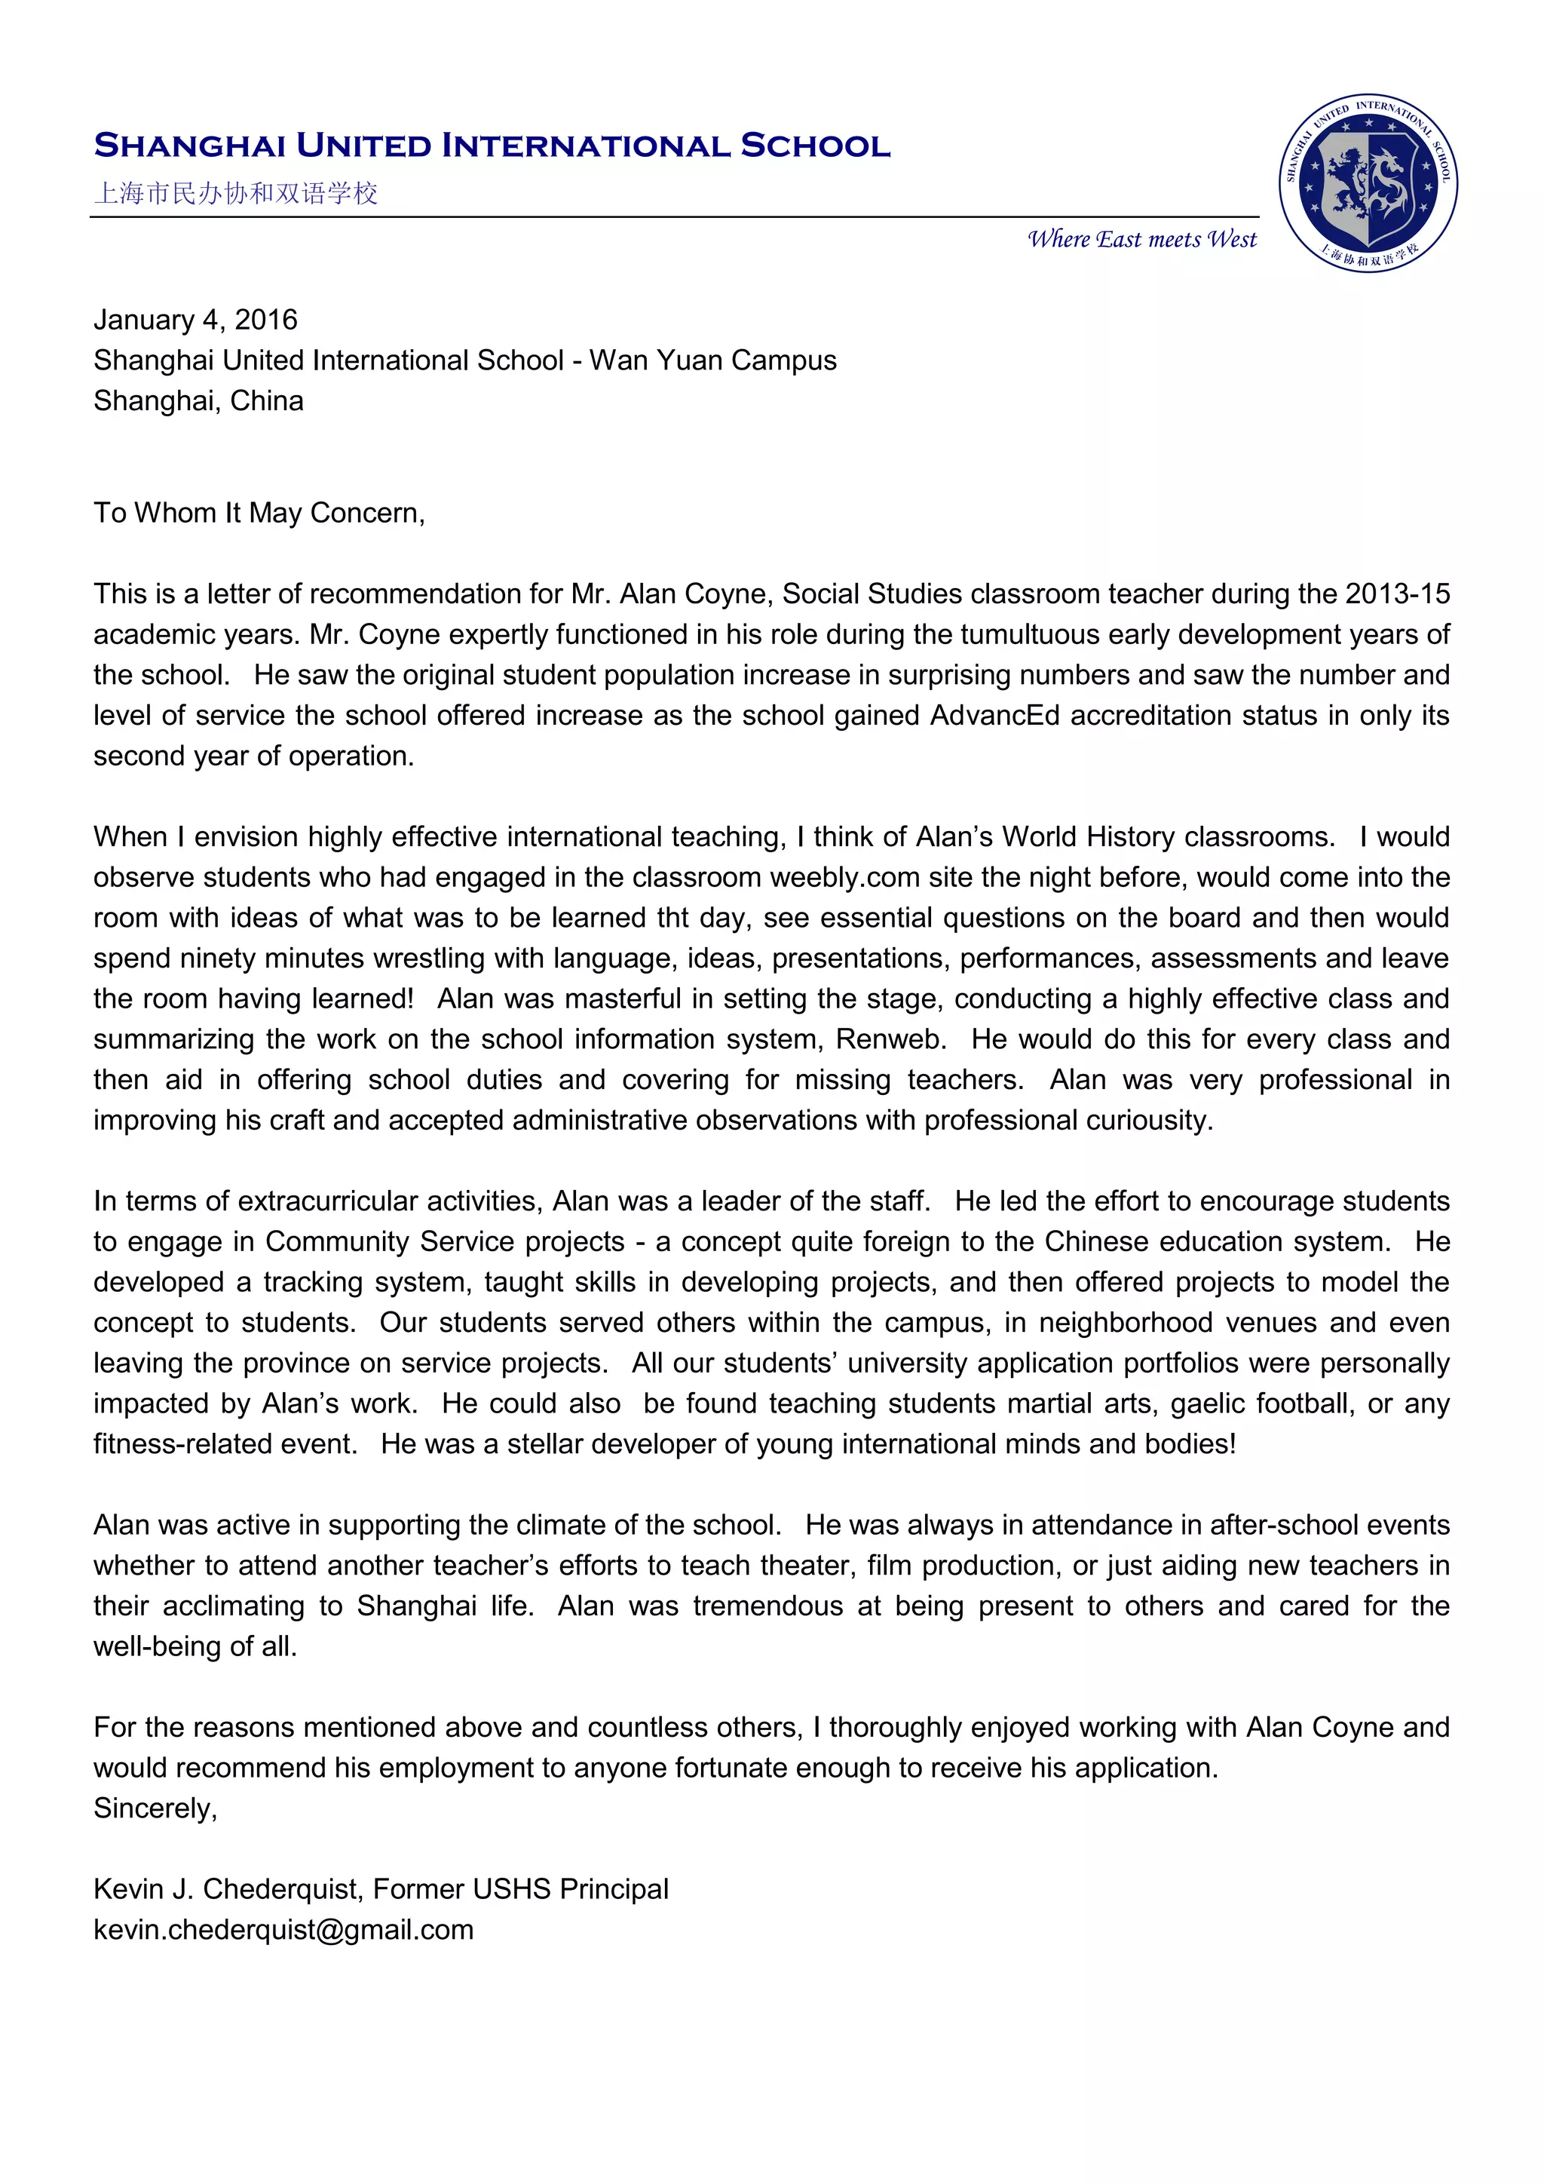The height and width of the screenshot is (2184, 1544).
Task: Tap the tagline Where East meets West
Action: tap(1142, 239)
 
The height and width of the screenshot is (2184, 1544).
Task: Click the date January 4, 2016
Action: tap(196, 320)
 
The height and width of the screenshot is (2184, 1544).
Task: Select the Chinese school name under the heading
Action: tap(236, 193)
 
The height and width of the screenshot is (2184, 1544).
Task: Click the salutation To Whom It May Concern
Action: tap(259, 513)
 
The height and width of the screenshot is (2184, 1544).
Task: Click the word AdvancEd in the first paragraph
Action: tap(994, 716)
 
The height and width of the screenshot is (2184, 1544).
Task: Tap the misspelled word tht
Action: tap(673, 918)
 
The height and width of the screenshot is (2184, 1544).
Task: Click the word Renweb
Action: tap(890, 1038)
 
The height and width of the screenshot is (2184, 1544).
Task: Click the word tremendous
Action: tap(767, 1606)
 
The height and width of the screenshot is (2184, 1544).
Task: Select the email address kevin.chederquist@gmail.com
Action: tap(283, 1929)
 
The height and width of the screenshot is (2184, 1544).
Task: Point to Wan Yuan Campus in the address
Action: tap(713, 360)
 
